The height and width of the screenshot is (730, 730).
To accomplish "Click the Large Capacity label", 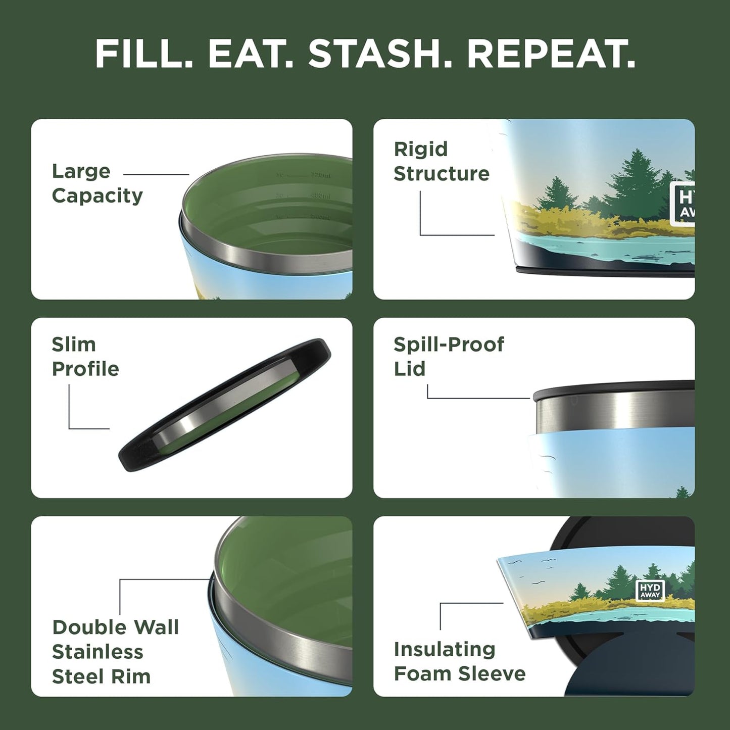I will (x=97, y=183).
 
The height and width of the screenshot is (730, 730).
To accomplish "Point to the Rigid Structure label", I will (x=441, y=161).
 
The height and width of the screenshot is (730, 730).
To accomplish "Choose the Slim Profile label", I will (x=85, y=357).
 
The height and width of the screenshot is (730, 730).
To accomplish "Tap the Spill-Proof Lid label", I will (x=448, y=356).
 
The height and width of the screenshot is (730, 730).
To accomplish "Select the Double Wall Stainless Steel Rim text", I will (x=115, y=652).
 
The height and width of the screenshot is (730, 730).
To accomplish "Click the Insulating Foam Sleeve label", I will (x=459, y=661).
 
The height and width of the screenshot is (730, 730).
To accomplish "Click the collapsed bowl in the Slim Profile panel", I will (x=225, y=406).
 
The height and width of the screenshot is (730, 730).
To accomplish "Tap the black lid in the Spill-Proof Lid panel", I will (x=614, y=391).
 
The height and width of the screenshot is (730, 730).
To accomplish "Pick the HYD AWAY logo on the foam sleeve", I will (x=650, y=590).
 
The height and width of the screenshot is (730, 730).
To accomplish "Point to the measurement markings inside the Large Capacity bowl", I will (x=303, y=196).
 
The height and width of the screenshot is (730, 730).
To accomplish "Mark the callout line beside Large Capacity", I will (x=156, y=175).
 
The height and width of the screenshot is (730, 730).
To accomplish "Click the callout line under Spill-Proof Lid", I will (x=477, y=398).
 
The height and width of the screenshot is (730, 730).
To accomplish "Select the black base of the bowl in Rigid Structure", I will (x=606, y=273).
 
